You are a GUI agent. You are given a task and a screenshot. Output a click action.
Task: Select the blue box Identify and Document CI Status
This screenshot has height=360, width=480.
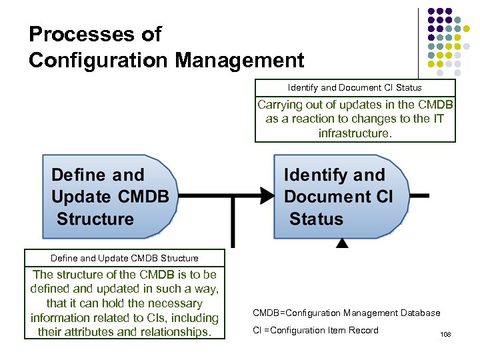[341, 197]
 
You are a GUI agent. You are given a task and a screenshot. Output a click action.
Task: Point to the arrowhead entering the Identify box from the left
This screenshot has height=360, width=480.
[267, 196]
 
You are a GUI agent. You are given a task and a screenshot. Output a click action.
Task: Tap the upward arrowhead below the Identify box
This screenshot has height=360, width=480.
[342, 244]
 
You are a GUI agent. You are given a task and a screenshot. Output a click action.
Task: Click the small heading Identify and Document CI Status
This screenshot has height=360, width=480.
[355, 87]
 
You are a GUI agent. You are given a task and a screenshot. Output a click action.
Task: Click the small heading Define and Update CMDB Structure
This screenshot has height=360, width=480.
[125, 258]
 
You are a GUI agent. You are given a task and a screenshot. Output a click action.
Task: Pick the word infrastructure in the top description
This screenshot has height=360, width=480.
[354, 133]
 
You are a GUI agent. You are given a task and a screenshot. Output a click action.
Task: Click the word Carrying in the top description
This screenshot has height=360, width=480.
[280, 105]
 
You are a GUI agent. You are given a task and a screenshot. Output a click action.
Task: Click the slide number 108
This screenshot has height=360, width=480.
[445, 334]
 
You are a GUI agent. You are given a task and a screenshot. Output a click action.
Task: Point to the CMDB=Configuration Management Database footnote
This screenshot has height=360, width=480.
[346, 313]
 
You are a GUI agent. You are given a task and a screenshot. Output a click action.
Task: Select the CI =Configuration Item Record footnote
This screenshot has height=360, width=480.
[315, 331]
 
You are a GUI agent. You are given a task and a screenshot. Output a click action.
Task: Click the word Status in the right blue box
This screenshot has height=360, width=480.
[317, 219]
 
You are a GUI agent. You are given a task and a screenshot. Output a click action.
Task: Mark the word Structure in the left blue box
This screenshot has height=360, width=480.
[95, 219]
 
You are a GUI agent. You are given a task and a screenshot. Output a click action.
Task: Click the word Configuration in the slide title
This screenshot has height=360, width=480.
[98, 61]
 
